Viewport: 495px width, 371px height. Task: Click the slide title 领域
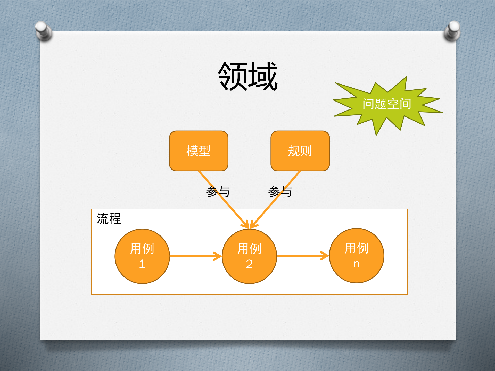[248, 77]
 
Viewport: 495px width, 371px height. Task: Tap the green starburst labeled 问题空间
[387, 104]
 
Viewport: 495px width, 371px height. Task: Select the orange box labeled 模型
[199, 151]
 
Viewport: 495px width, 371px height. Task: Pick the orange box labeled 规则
[300, 151]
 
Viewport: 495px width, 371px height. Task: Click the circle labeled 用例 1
[142, 256]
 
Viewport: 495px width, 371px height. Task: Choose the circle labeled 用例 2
[249, 256]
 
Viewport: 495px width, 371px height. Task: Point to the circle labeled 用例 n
[357, 256]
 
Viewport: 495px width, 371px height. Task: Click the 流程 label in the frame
[109, 219]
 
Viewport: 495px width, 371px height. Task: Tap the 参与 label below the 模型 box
[218, 192]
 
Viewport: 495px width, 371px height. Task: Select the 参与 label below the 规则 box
[280, 192]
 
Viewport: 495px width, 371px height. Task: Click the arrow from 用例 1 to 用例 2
[195, 256]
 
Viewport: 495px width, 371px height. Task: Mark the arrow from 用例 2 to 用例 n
[303, 256]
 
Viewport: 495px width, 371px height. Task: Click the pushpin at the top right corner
[452, 31]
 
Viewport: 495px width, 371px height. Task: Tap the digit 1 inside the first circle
[142, 264]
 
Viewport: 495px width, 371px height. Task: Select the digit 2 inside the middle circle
[249, 264]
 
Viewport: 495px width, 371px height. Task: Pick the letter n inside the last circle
[356, 264]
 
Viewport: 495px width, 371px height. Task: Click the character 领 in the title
[233, 77]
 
